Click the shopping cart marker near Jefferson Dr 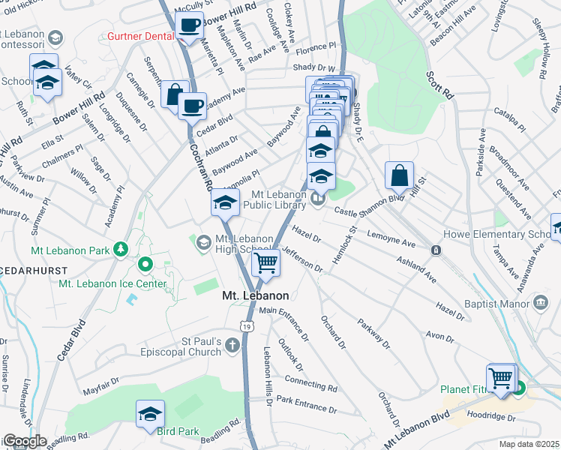tap(265, 262)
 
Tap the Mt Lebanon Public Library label tap(281, 199)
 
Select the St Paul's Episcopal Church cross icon tap(232, 345)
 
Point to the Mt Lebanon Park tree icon tap(119, 249)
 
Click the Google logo tap(24, 441)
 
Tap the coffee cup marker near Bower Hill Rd tap(189, 24)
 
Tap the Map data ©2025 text tap(528, 444)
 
